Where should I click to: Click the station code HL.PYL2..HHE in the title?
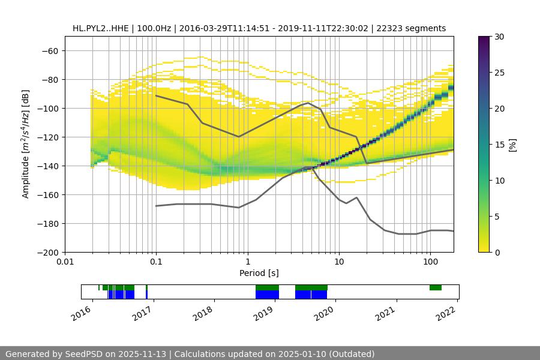pos(100,28)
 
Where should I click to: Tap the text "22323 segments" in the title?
pos(415,28)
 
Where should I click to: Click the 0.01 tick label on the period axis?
pos(65,262)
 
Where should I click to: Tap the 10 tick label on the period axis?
pos(338,262)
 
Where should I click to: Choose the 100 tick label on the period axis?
pos(430,262)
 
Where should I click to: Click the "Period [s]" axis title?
pos(259,273)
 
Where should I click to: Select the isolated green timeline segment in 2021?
pos(436,288)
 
